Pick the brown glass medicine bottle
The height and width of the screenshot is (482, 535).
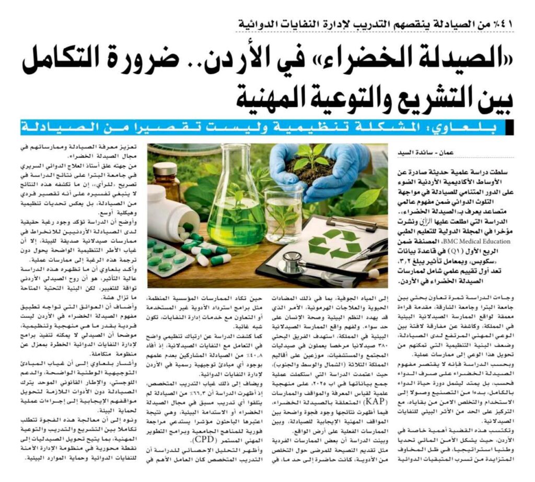166,181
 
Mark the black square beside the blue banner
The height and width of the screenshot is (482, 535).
510,127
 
